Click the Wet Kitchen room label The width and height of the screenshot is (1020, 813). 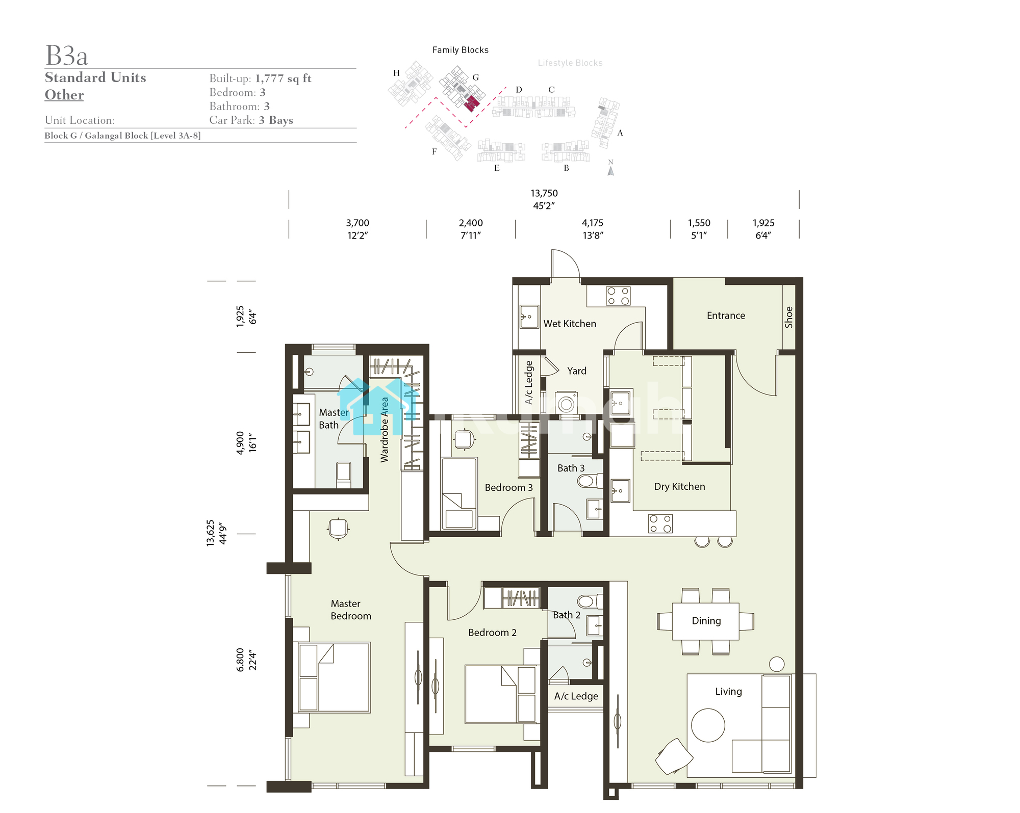[570, 324]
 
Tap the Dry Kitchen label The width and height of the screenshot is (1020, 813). [679, 487]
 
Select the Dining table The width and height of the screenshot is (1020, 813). [705, 621]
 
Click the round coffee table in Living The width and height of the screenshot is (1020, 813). [708, 725]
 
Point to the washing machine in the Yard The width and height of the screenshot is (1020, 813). [566, 403]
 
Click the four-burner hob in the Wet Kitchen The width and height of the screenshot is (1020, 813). [618, 296]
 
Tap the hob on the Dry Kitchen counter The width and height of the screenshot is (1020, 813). [660, 523]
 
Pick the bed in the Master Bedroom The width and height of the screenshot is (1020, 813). [334, 677]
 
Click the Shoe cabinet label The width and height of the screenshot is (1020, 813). [788, 317]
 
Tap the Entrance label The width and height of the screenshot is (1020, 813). [726, 316]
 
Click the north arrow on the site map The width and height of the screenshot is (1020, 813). [610, 171]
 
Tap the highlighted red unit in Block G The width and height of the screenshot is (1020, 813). [472, 103]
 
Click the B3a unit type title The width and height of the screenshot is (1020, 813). [67, 56]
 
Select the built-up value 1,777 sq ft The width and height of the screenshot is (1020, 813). [283, 78]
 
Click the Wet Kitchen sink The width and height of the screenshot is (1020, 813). [529, 317]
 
